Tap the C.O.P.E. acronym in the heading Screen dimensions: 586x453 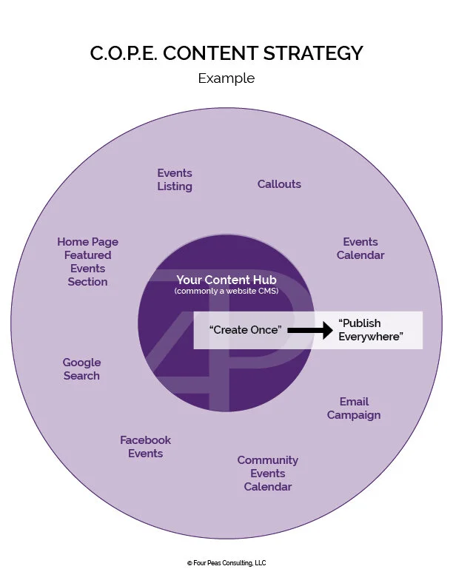[x=124, y=54]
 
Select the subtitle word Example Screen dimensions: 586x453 [x=226, y=78]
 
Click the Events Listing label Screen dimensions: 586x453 [x=175, y=180]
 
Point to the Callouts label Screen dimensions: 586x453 [x=279, y=184]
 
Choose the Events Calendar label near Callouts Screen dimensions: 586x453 [x=360, y=249]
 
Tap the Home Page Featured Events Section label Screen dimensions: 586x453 [x=87, y=262]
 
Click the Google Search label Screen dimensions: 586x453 [x=81, y=369]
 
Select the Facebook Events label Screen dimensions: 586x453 [x=145, y=447]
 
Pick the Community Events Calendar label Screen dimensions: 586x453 [x=267, y=474]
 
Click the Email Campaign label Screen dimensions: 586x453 [x=354, y=408]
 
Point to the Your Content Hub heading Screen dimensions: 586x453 [x=225, y=280]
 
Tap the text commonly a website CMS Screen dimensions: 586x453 [x=225, y=292]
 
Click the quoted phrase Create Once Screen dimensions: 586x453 [x=245, y=330]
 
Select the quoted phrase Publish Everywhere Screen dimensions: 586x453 [x=370, y=330]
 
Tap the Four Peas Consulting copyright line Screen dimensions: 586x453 [x=226, y=563]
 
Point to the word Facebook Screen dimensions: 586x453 [x=145, y=440]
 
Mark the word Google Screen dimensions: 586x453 [x=81, y=363]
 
